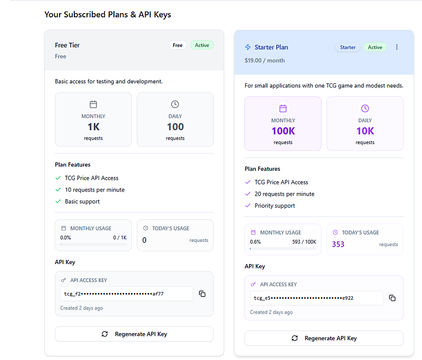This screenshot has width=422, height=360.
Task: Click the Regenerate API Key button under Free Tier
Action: point(134,334)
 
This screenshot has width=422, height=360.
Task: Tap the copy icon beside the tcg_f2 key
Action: point(202,294)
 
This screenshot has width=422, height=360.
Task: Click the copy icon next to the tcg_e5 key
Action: point(392,298)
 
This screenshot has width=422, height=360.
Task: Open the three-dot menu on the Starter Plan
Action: point(397,47)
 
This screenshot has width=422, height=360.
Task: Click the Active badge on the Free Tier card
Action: point(202,45)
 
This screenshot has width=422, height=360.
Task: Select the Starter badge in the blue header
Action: point(348,47)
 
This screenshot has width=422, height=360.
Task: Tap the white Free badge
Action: point(178,45)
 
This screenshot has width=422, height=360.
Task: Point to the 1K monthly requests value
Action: point(93,127)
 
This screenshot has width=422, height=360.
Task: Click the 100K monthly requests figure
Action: point(283,131)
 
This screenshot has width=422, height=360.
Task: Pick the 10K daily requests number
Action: point(365,131)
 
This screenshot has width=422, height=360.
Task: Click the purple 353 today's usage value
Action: point(338,244)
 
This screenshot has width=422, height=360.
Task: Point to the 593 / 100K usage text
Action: point(304,242)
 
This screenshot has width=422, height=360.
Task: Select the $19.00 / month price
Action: point(265,61)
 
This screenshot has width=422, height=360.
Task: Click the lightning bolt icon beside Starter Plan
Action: point(247,47)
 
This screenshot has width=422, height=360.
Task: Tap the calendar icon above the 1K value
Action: point(93,104)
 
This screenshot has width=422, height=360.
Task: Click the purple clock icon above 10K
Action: point(365,109)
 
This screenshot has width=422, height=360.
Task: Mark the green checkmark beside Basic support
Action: point(58,201)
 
